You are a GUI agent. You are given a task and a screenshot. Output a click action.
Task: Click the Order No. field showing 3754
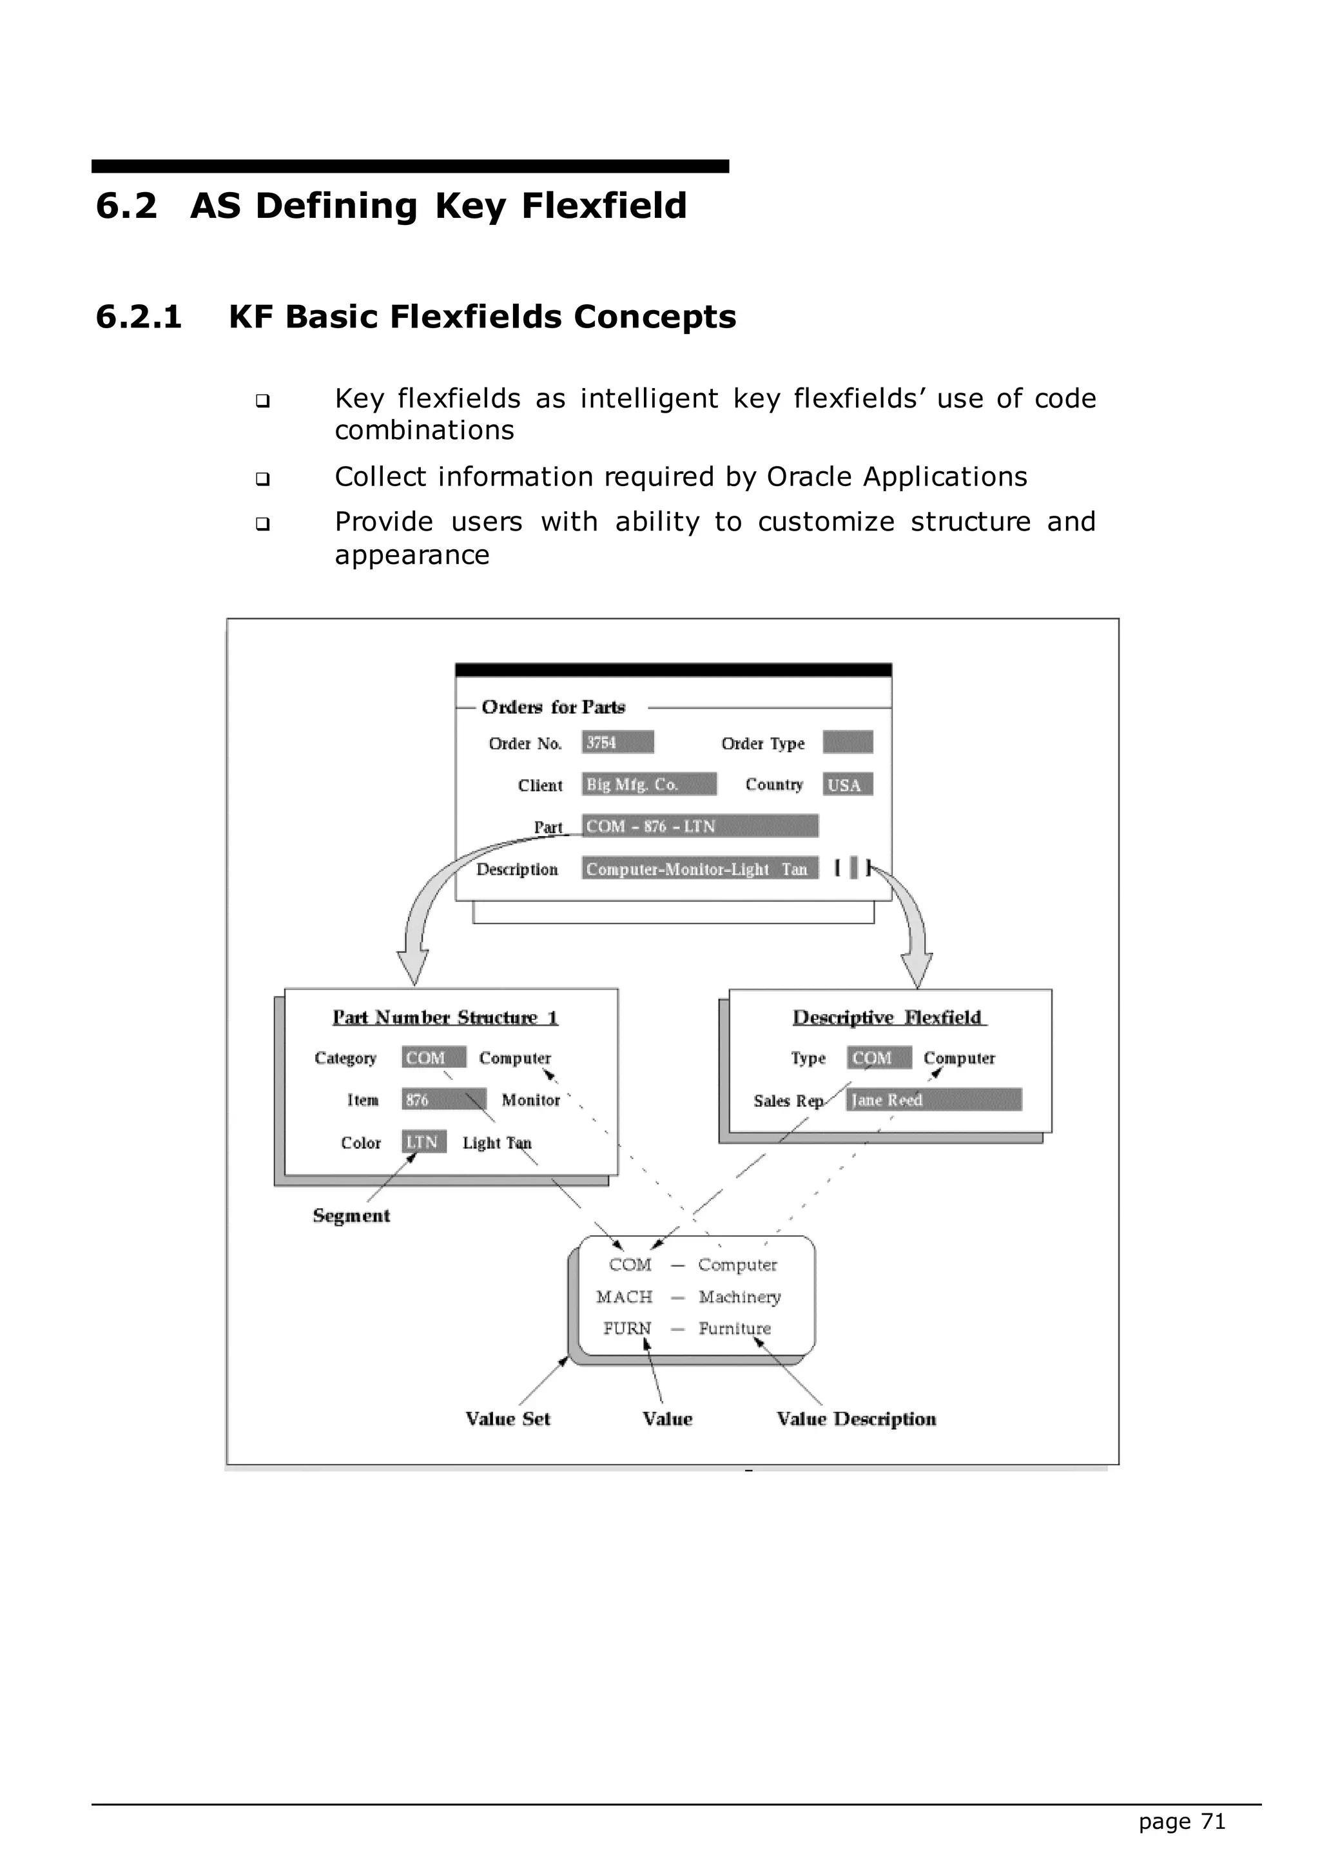(x=617, y=743)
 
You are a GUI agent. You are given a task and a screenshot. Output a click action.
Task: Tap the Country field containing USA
(x=847, y=785)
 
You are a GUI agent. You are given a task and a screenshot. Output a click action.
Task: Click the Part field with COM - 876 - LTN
(x=699, y=826)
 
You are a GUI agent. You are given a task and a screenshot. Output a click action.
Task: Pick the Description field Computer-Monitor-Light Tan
(x=699, y=869)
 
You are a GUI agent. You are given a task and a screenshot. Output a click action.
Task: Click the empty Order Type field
(x=847, y=743)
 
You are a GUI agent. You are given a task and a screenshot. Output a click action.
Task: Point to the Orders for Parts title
(x=553, y=707)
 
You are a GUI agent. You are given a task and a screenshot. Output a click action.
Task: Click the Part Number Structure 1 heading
(x=445, y=1017)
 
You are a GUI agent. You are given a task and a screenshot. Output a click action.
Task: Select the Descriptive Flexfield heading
(x=888, y=1017)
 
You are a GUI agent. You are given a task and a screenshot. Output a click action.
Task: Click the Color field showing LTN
(x=423, y=1142)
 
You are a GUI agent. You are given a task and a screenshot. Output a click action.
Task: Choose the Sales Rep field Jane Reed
(x=933, y=1100)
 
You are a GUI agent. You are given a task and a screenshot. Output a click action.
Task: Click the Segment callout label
(x=351, y=1216)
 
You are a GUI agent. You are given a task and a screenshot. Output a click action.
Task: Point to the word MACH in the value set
(x=625, y=1297)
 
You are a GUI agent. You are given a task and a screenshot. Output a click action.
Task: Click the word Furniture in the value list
(x=734, y=1328)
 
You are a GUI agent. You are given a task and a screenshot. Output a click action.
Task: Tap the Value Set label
(x=508, y=1419)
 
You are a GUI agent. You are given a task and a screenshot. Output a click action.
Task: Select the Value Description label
(x=856, y=1419)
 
